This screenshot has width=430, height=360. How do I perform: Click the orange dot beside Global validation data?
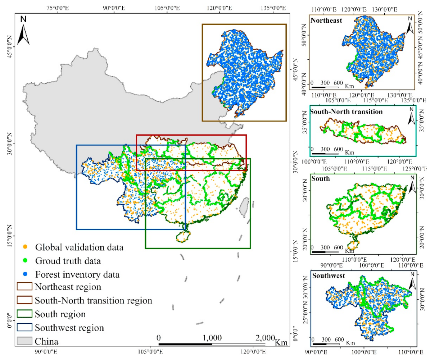pyautogui.click(x=25, y=247)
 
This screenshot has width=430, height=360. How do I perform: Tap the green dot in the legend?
pyautogui.click(x=25, y=261)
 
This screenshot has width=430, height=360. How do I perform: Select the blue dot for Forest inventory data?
pyautogui.click(x=25, y=274)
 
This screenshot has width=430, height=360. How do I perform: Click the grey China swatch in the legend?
pyautogui.click(x=25, y=341)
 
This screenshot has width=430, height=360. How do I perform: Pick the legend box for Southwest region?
pyautogui.click(x=25, y=328)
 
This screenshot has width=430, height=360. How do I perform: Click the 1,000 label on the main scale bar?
pyautogui.click(x=212, y=338)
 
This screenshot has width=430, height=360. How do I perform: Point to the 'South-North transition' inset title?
pyautogui.click(x=347, y=111)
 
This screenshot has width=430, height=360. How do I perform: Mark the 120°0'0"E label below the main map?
pyautogui.click(x=253, y=354)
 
